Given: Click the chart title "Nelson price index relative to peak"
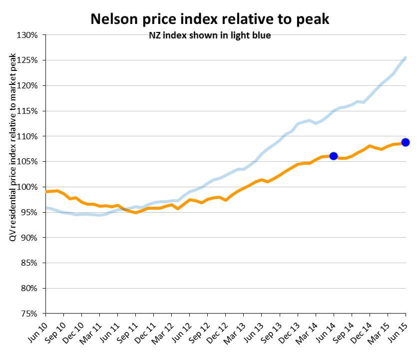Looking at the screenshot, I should pos(210,19).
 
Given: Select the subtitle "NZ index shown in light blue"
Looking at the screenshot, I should pos(210,35).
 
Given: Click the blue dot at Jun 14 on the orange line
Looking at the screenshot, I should pos(334,156).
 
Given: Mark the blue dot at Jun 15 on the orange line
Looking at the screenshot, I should pos(406,142).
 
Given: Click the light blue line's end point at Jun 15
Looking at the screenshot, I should pos(405,57).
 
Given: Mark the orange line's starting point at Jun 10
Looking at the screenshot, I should pos(46,192).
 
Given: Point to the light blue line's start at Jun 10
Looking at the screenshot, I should pos(46,208).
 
